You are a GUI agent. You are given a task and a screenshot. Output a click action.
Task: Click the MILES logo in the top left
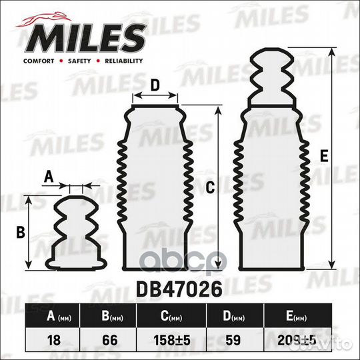[x=83, y=37]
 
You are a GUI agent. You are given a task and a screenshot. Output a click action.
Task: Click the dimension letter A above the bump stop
[x=47, y=177]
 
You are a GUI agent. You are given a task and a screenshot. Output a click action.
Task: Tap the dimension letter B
[x=20, y=233]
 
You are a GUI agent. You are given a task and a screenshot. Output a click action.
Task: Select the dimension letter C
[x=210, y=188]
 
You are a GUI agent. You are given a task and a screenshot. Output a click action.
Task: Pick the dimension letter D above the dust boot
[x=154, y=86]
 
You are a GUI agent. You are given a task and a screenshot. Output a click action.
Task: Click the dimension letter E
[x=323, y=157]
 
